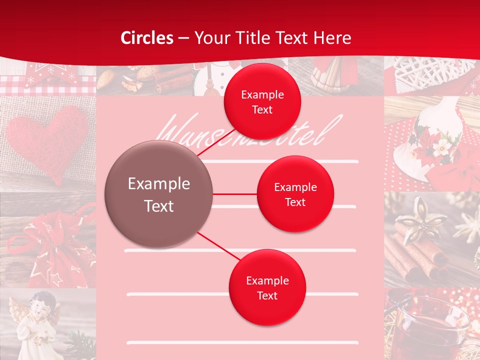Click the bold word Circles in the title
pos(146,38)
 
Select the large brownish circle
pos(159,194)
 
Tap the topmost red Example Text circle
pos(262,101)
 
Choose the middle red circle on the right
pos(295,194)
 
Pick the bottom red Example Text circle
pos(267,287)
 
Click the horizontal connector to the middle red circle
pos(235,194)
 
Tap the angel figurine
pos(40,320)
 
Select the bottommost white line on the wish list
pos(242,343)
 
